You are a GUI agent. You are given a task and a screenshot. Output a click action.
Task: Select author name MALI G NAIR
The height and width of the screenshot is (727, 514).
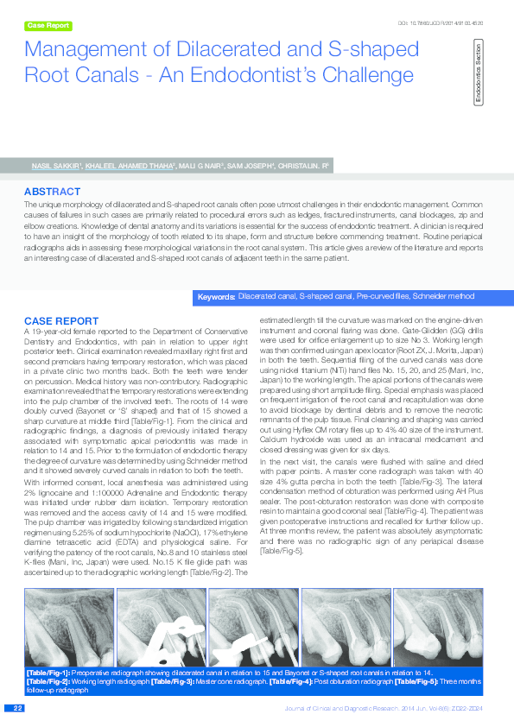click(x=200, y=163)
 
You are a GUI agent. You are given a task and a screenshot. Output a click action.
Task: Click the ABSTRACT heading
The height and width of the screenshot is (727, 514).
click(x=53, y=191)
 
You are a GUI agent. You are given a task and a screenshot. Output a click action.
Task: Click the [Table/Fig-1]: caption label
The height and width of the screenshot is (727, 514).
click(x=48, y=672)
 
